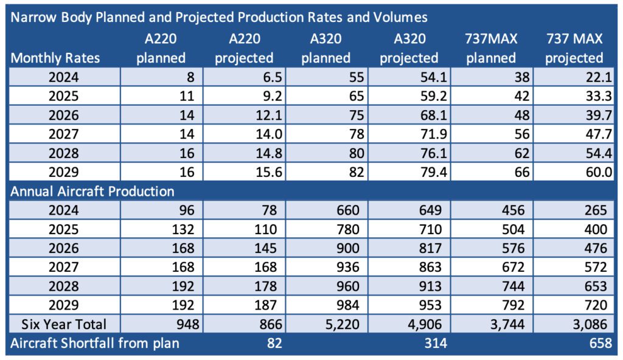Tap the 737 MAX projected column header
coord(574,49)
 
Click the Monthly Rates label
coord(55,58)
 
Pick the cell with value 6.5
coord(268,77)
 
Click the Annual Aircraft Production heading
coord(92,191)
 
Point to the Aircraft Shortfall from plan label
coord(95,343)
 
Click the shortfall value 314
coord(435,343)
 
